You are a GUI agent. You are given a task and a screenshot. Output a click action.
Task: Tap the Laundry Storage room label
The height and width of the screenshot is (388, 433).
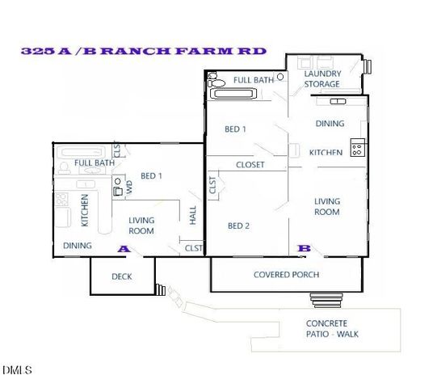(x=322, y=78)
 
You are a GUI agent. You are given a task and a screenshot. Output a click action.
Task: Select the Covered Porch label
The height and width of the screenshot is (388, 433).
(x=286, y=275)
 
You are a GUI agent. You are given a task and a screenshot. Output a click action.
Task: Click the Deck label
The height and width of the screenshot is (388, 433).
(x=122, y=277)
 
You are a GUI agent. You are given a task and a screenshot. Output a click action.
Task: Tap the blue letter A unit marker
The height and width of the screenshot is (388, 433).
(x=124, y=249)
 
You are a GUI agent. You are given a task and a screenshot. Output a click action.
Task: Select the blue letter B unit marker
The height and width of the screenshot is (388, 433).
(x=305, y=248)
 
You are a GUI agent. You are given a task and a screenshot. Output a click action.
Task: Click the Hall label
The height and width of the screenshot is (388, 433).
(x=193, y=213)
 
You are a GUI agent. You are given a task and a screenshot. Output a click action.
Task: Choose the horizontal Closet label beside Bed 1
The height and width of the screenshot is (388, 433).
(x=250, y=166)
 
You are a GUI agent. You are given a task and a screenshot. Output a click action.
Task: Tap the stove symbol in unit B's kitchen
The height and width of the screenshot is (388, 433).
(x=357, y=148)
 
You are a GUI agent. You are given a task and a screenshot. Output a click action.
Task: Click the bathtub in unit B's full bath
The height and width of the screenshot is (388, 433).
(x=234, y=93)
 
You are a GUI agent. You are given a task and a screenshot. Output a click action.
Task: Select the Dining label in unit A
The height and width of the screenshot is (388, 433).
(x=78, y=246)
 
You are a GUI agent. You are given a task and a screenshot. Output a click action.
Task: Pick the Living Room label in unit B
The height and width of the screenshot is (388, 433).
(x=327, y=206)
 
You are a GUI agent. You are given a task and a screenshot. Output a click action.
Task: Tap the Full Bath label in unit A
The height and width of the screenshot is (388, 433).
(x=94, y=162)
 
